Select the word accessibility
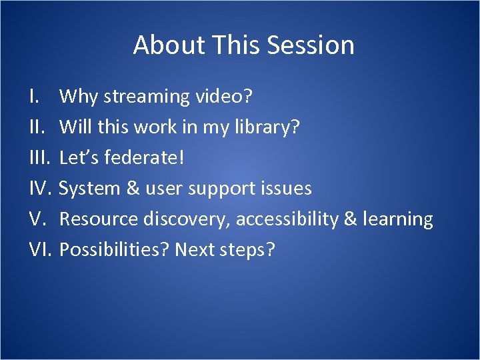pyautogui.click(x=287, y=219)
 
